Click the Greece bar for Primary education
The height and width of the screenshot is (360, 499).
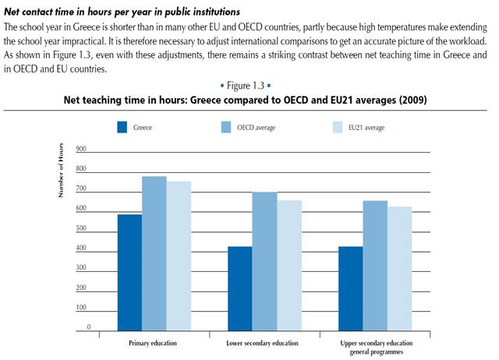point(129,273)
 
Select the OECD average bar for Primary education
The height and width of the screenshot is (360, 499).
point(154,254)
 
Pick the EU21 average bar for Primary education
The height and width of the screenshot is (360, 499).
point(179,256)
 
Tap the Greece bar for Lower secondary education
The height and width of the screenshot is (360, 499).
point(239,289)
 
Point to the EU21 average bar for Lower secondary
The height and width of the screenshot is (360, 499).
point(288,266)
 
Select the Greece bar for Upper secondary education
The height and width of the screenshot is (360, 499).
point(349,289)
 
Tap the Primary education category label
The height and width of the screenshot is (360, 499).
point(154,343)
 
